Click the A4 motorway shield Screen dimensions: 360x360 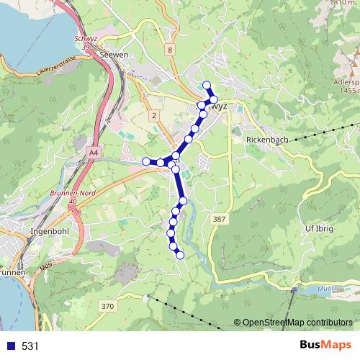pos(94,153)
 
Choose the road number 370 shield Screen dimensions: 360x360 pos(107,307)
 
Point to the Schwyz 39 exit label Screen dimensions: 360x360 pos(86,42)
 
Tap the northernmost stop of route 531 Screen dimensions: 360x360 pos(207,85)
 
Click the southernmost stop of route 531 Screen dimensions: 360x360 pos(180,255)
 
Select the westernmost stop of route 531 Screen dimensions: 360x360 pos(146,161)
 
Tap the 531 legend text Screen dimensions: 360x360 pos(30,346)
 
